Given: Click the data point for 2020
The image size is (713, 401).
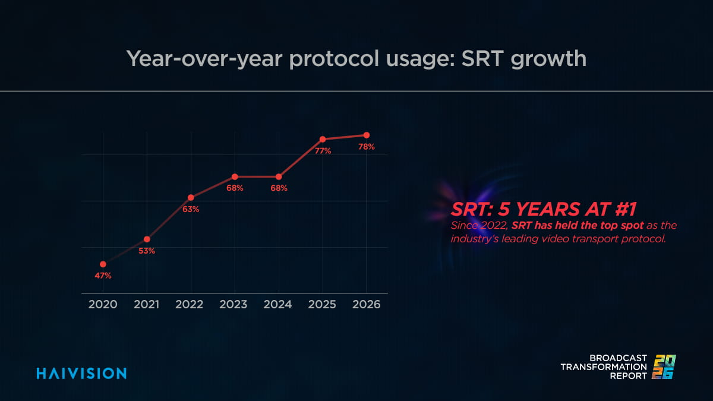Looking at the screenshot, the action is [103, 264].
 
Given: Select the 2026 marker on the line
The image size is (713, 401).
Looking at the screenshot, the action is [367, 135].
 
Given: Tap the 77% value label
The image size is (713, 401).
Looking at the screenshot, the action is [323, 151].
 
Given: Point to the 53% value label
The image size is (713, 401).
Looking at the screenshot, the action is [147, 251].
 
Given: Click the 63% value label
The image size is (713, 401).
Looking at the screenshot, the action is [191, 209].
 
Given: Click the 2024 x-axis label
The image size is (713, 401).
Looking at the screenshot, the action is [277, 304].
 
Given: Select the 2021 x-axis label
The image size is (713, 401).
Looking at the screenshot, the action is [146, 304].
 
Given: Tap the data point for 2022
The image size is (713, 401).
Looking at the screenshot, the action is [191, 197].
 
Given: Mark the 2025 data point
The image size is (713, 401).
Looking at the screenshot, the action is [323, 139].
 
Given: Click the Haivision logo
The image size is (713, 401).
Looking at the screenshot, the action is [81, 373].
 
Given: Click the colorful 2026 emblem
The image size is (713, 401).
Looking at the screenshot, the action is [665, 367].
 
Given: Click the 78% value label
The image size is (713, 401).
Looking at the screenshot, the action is [367, 147].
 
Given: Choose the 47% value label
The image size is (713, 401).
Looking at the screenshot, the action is [103, 276].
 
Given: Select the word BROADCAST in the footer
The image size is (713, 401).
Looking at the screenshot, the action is [618, 358].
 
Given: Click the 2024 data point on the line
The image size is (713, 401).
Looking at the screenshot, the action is [279, 176].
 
